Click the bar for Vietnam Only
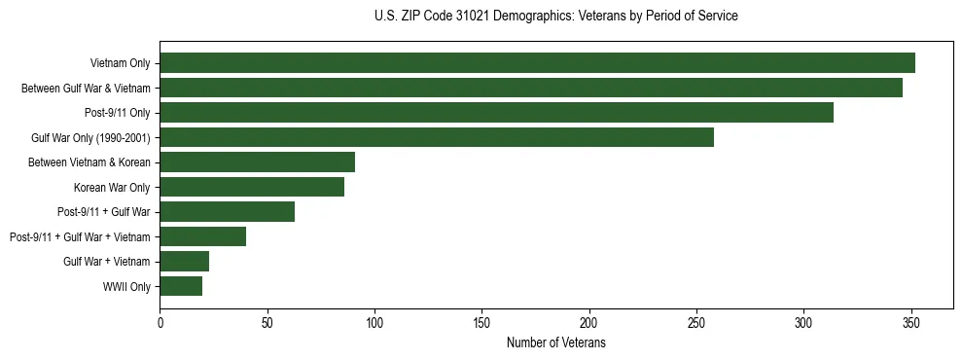(x=537, y=63)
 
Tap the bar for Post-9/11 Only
(x=496, y=113)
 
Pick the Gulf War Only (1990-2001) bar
(x=437, y=137)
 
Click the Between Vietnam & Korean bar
(x=257, y=162)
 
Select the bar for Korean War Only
(x=252, y=187)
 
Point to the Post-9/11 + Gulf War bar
(x=227, y=211)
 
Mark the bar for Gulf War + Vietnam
(x=184, y=261)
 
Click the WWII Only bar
(x=181, y=286)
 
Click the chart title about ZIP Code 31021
(x=555, y=17)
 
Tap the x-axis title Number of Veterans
(x=555, y=343)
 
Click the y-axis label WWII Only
(x=126, y=286)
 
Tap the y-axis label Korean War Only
(x=112, y=187)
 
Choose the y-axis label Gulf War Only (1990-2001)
(x=90, y=137)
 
